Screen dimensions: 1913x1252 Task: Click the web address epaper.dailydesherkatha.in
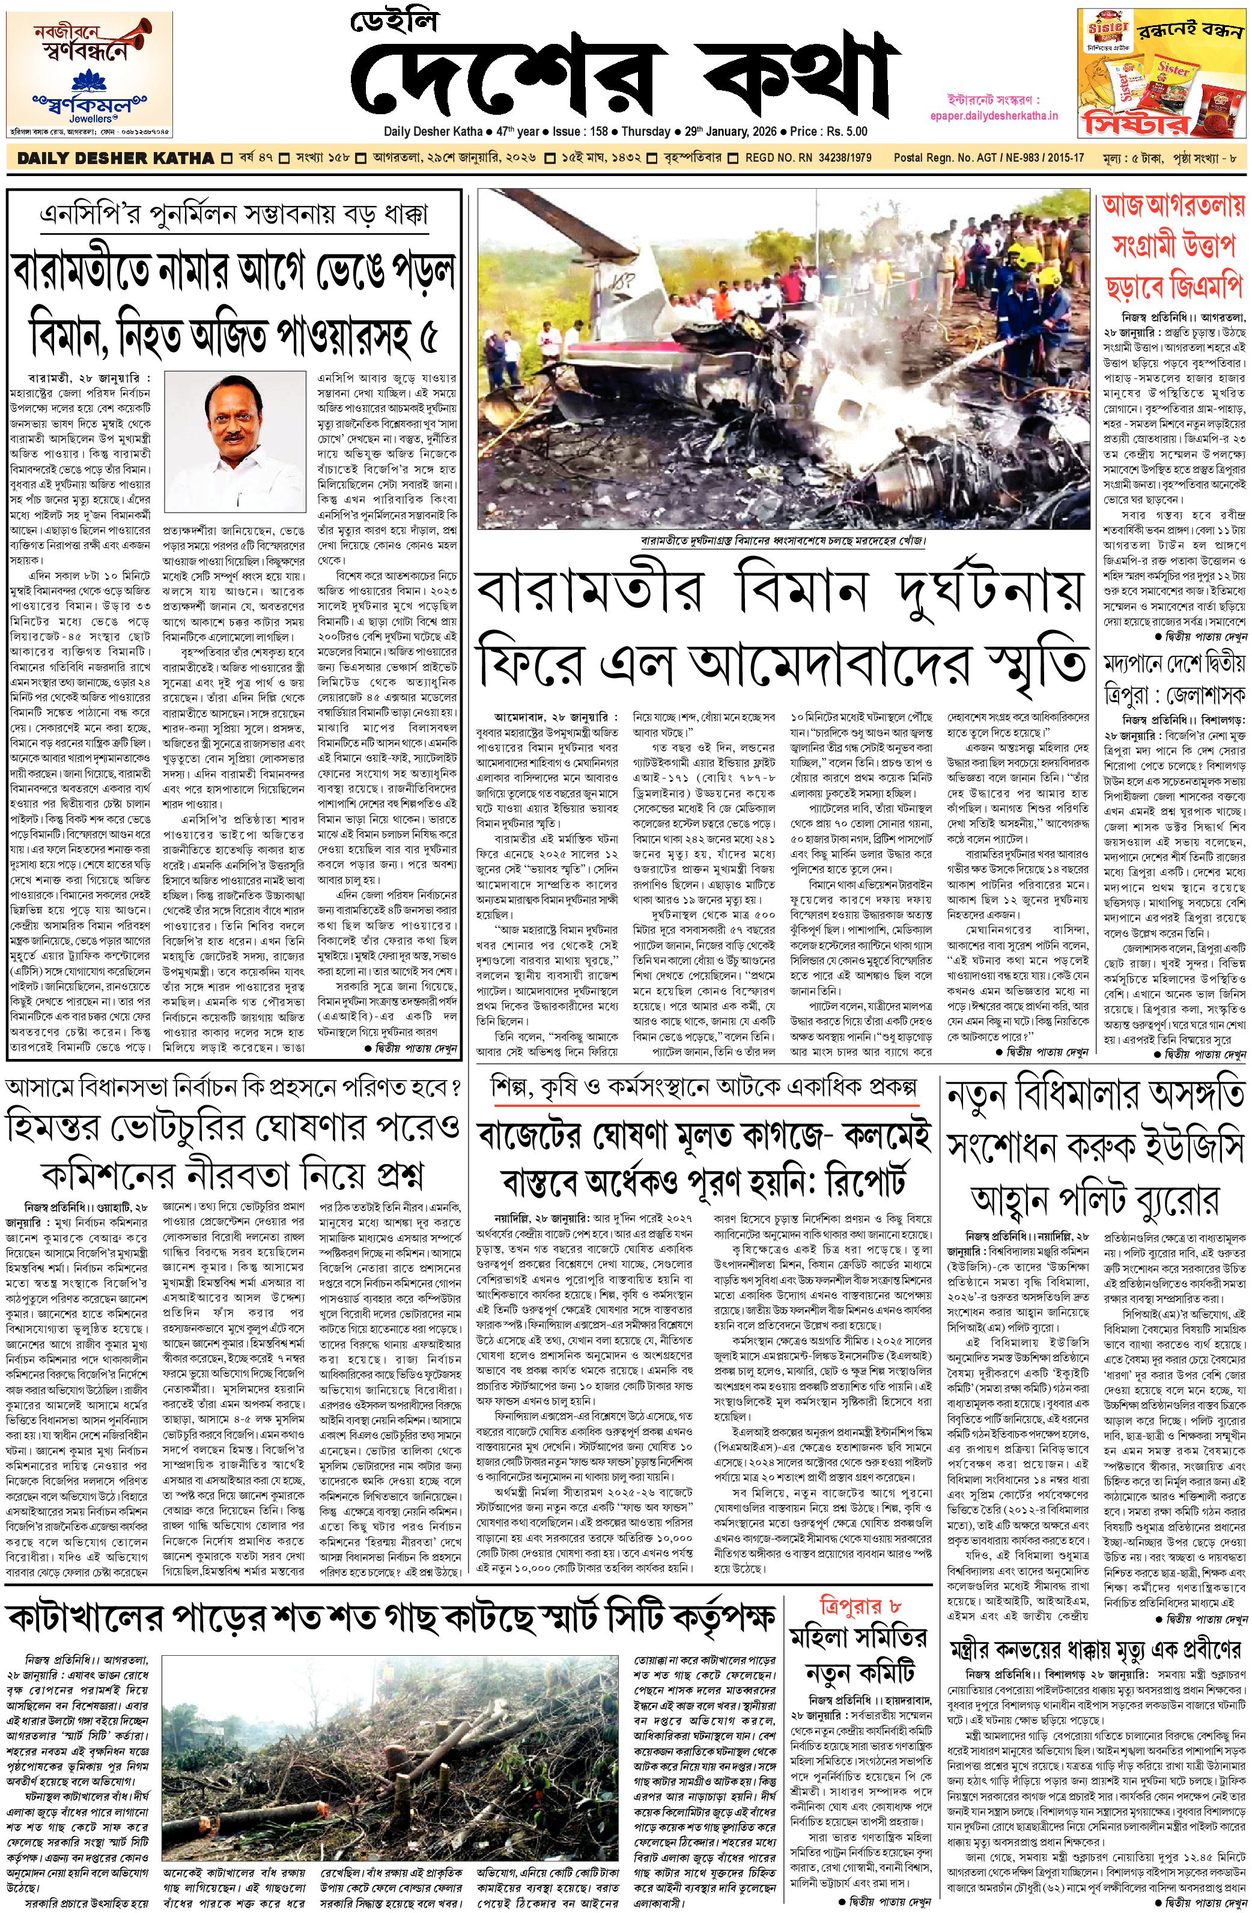pyautogui.click(x=1003, y=115)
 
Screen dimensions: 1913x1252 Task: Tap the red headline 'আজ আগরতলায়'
pyautogui.click(x=1173, y=207)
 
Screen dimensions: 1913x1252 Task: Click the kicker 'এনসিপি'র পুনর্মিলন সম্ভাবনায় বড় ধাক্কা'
pyautogui.click(x=234, y=215)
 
